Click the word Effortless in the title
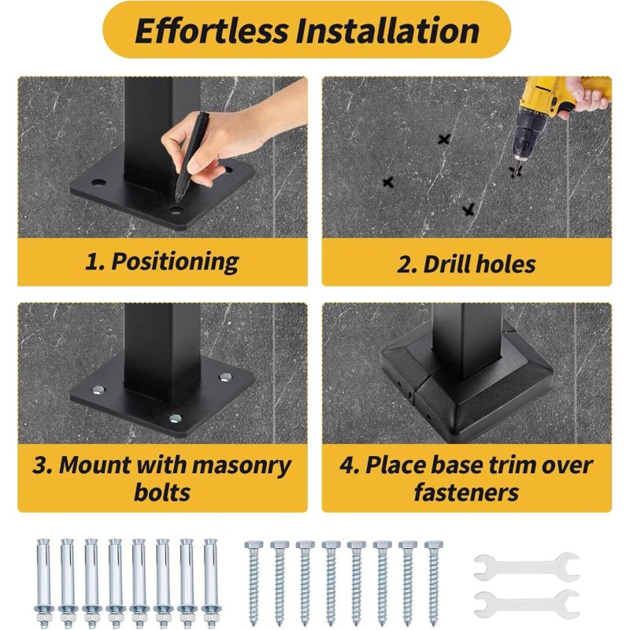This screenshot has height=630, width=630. tap(212, 31)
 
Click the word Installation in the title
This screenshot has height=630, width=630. tap(387, 31)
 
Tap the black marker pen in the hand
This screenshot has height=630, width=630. tap(191, 156)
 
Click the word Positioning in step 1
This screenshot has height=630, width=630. tap(175, 262)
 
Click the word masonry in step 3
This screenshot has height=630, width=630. tap(242, 466)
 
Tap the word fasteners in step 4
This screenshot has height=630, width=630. tap(466, 492)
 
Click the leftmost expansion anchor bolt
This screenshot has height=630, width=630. tap(43, 581)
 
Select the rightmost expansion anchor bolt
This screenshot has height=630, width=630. tap(210, 581)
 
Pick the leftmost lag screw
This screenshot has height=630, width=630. tap(254, 583)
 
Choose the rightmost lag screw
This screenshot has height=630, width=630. tap(434, 583)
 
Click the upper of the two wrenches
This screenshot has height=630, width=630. tap(527, 567)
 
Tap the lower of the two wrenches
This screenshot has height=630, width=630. tap(527, 603)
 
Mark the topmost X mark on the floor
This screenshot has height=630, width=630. tap(443, 139)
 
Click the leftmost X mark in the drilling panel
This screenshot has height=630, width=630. tap(387, 182)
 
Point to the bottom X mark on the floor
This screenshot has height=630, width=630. tap(469, 209)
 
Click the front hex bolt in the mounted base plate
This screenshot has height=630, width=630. tap(176, 419)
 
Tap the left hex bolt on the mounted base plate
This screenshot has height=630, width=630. tap(98, 389)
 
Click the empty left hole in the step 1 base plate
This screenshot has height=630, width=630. tap(98, 183)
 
